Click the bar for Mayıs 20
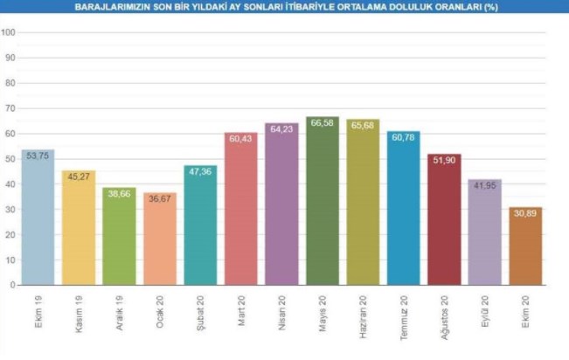322,205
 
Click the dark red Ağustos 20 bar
444,222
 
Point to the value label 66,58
322,123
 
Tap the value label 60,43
240,138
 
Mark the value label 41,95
484,185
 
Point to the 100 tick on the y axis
9,33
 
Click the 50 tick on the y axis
9,159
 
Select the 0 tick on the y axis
11,285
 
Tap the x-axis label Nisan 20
282,310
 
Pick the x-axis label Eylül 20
486,310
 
